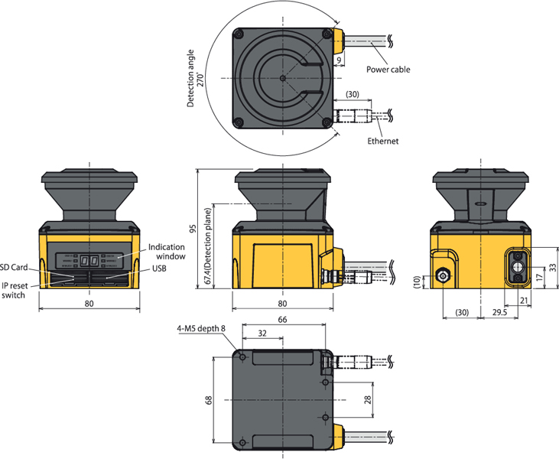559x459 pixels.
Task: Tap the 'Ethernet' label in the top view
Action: coord(382,141)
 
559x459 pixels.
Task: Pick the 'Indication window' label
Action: coord(167,252)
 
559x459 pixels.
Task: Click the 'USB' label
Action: coord(159,269)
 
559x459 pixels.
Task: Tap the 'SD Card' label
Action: coord(14,267)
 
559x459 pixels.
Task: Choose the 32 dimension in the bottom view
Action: coord(262,334)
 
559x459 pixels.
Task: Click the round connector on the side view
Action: coord(443,275)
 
